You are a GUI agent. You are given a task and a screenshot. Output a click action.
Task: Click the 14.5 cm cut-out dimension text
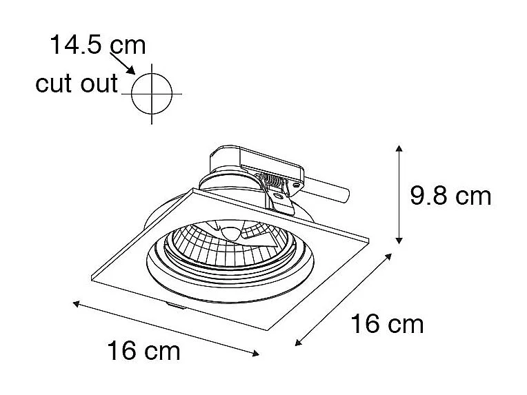coord(97,45)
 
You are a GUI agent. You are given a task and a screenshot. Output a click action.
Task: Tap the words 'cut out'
coord(77,84)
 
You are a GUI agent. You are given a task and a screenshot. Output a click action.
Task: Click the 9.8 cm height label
coord(450,196)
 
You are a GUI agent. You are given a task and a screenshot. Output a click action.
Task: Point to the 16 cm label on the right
coord(386,323)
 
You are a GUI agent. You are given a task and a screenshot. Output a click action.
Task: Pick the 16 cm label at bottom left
coord(143,352)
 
